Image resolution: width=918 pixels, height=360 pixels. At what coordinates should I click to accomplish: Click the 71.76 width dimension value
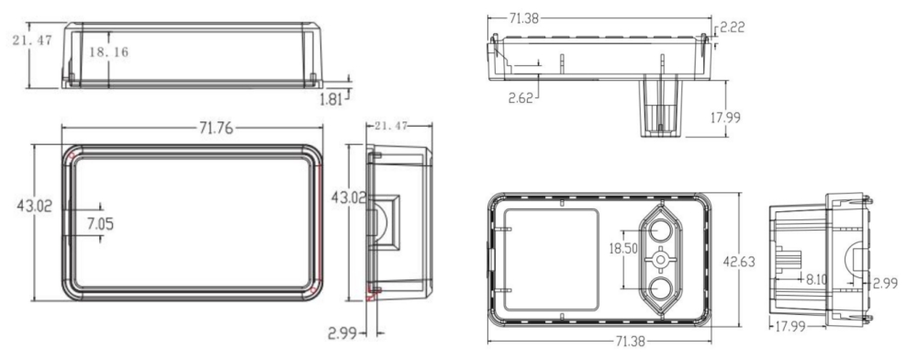click(x=216, y=129)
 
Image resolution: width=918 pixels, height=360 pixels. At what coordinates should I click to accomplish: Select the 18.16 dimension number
click(x=108, y=52)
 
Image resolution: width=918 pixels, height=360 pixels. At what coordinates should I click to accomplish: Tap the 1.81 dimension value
click(x=330, y=99)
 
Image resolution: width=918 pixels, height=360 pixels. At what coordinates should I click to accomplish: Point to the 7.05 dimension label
click(x=100, y=223)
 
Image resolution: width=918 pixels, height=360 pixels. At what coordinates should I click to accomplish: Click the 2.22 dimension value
click(x=732, y=27)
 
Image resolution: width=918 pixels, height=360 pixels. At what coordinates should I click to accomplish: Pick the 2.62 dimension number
click(x=521, y=97)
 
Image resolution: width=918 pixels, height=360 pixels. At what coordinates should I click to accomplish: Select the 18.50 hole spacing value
click(x=623, y=249)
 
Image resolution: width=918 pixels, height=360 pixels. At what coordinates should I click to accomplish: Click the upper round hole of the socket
click(x=660, y=230)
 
